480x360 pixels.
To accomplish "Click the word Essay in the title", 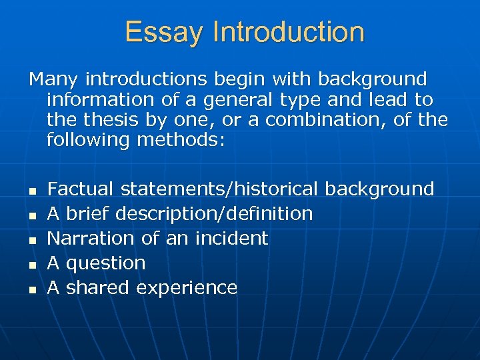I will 163,32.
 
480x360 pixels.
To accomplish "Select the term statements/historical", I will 221,189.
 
